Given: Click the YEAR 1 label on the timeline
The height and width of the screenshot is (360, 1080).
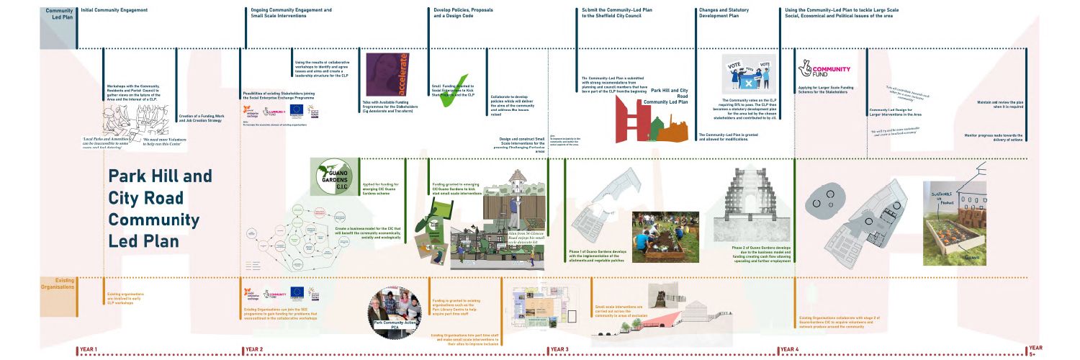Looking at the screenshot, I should [x=89, y=349].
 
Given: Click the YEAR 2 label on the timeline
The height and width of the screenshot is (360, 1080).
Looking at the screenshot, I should [x=254, y=349].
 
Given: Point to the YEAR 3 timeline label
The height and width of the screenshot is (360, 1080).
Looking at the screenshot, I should [x=559, y=349].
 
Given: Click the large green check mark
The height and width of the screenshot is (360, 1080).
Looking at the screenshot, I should [x=454, y=91].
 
